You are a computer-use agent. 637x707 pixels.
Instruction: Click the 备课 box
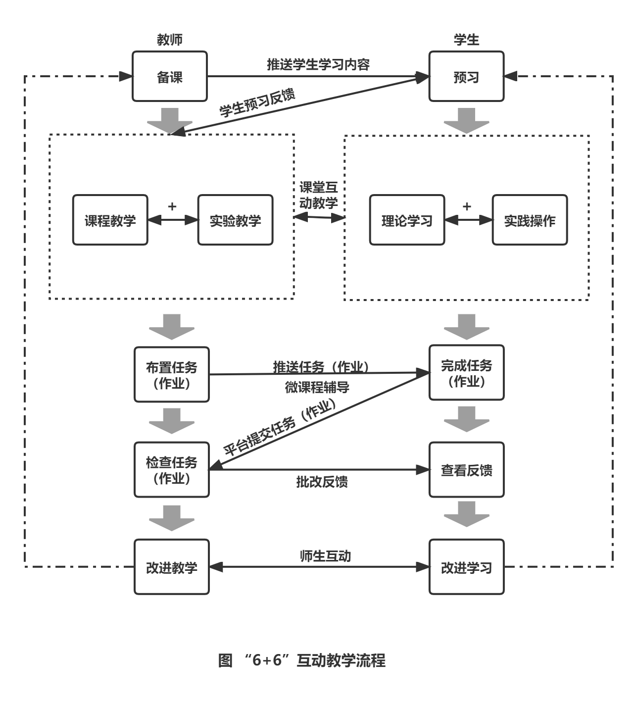click(x=170, y=77)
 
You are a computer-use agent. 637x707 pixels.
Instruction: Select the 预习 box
click(x=466, y=77)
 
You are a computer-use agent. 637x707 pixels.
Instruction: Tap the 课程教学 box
click(x=110, y=220)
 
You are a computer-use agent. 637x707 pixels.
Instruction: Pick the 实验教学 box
click(x=236, y=220)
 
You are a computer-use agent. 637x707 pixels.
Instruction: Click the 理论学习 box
click(x=407, y=220)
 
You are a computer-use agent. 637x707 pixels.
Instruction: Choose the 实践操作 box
click(x=530, y=220)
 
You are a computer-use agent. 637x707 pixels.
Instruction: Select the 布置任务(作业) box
click(x=172, y=375)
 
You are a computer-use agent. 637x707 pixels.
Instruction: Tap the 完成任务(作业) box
click(x=466, y=373)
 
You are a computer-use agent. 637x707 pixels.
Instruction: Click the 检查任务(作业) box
click(x=172, y=470)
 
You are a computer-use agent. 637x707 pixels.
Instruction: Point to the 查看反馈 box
click(x=466, y=470)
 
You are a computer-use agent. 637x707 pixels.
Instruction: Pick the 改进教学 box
click(x=172, y=567)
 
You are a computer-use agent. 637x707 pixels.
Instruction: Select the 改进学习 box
click(x=466, y=567)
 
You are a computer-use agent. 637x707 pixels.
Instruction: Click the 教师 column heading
click(x=170, y=40)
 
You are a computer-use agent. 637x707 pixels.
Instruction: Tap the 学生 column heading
click(x=466, y=40)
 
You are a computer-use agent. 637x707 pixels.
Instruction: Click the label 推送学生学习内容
click(x=318, y=64)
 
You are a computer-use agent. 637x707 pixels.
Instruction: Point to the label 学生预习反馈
click(x=257, y=102)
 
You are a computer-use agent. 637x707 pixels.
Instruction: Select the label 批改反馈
click(x=322, y=482)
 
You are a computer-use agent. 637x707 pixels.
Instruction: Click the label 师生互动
click(x=325, y=556)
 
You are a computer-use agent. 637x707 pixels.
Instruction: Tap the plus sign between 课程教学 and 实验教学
click(x=172, y=206)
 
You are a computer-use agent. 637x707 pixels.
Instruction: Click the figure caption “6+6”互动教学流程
click(x=302, y=660)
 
